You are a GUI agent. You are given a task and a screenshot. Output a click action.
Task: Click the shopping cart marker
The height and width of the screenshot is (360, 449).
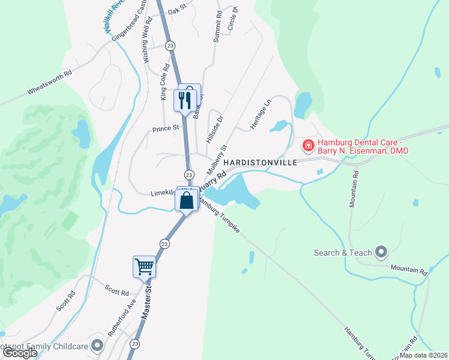tap(144, 266)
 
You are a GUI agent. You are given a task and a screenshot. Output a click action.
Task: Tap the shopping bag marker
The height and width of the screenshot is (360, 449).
tap(187, 200)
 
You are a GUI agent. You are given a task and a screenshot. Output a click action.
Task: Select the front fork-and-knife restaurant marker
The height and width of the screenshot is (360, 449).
tap(185, 99)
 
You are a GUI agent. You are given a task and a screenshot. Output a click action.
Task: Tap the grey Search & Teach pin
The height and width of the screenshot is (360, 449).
tap(381, 252)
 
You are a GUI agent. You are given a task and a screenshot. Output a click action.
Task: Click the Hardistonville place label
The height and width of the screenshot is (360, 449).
tap(261, 163)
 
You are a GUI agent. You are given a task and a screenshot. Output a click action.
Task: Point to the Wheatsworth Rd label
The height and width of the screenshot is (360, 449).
tap(49, 83)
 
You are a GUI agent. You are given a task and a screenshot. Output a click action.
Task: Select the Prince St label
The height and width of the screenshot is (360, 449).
tap(166, 128)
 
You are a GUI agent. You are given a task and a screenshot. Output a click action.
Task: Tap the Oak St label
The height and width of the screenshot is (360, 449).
tap(178, 11)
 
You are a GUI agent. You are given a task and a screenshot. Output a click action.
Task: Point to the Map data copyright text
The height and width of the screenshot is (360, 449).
tap(423, 355)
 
